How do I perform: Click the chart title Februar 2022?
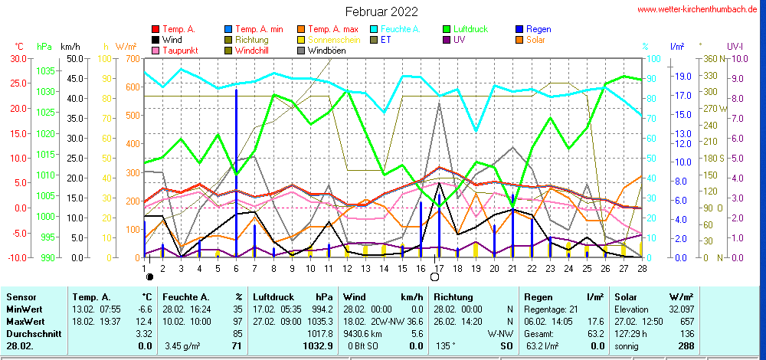click(x=381, y=11)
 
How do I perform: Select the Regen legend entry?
click(x=539, y=29)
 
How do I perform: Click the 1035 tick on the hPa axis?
click(x=45, y=70)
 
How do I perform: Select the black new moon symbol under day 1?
click(x=150, y=277)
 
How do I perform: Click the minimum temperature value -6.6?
click(x=144, y=309)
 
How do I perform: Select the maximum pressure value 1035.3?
click(x=319, y=322)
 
